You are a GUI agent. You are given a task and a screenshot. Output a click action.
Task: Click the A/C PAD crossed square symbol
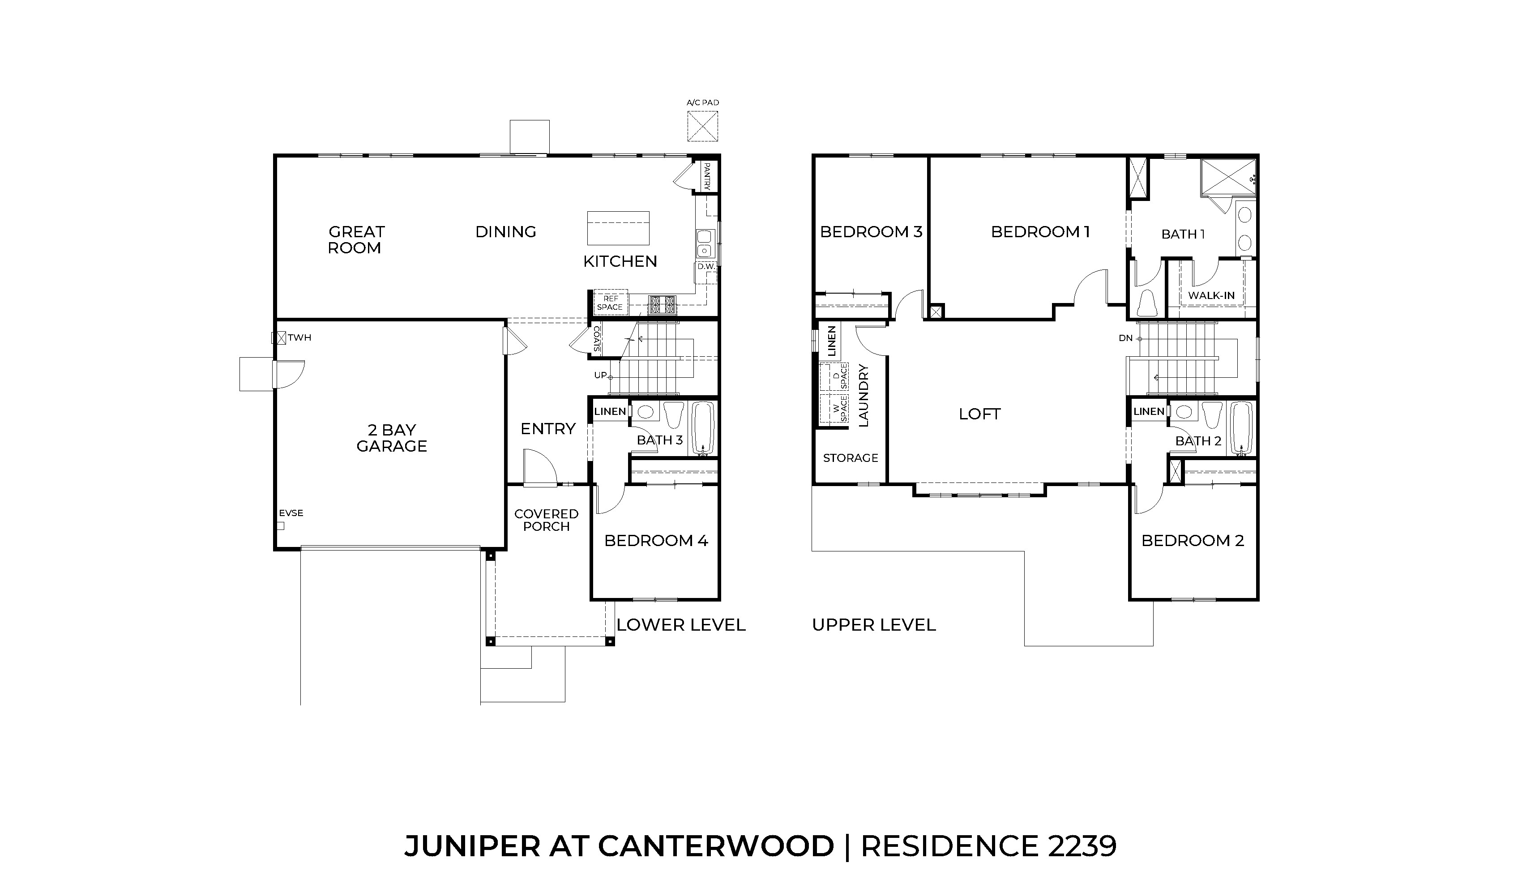coord(702,126)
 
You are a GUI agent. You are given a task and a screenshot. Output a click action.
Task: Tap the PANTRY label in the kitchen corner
coord(706,176)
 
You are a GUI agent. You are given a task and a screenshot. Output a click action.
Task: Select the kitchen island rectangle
coord(618,228)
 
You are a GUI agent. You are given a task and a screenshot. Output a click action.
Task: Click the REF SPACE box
coord(610,303)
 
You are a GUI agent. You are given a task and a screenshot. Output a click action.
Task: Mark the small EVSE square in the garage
coord(280,526)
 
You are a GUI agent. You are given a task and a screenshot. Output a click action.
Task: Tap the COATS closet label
coord(596,338)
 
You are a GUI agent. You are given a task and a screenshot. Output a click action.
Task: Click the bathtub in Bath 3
coord(703,428)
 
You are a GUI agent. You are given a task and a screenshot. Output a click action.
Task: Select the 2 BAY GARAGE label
coord(392,438)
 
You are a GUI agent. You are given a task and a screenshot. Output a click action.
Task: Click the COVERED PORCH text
coord(546,520)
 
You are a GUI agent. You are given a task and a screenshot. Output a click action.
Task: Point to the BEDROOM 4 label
coord(656,541)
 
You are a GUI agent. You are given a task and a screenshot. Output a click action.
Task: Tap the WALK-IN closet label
coord(1211,295)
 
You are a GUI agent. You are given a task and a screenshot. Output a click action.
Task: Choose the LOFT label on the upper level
coord(979,414)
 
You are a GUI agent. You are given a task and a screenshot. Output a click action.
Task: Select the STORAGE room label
coord(850,458)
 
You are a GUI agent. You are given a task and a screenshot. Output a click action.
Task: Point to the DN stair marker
coord(1125,338)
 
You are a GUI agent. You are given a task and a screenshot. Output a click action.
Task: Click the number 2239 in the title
coord(1082,846)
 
